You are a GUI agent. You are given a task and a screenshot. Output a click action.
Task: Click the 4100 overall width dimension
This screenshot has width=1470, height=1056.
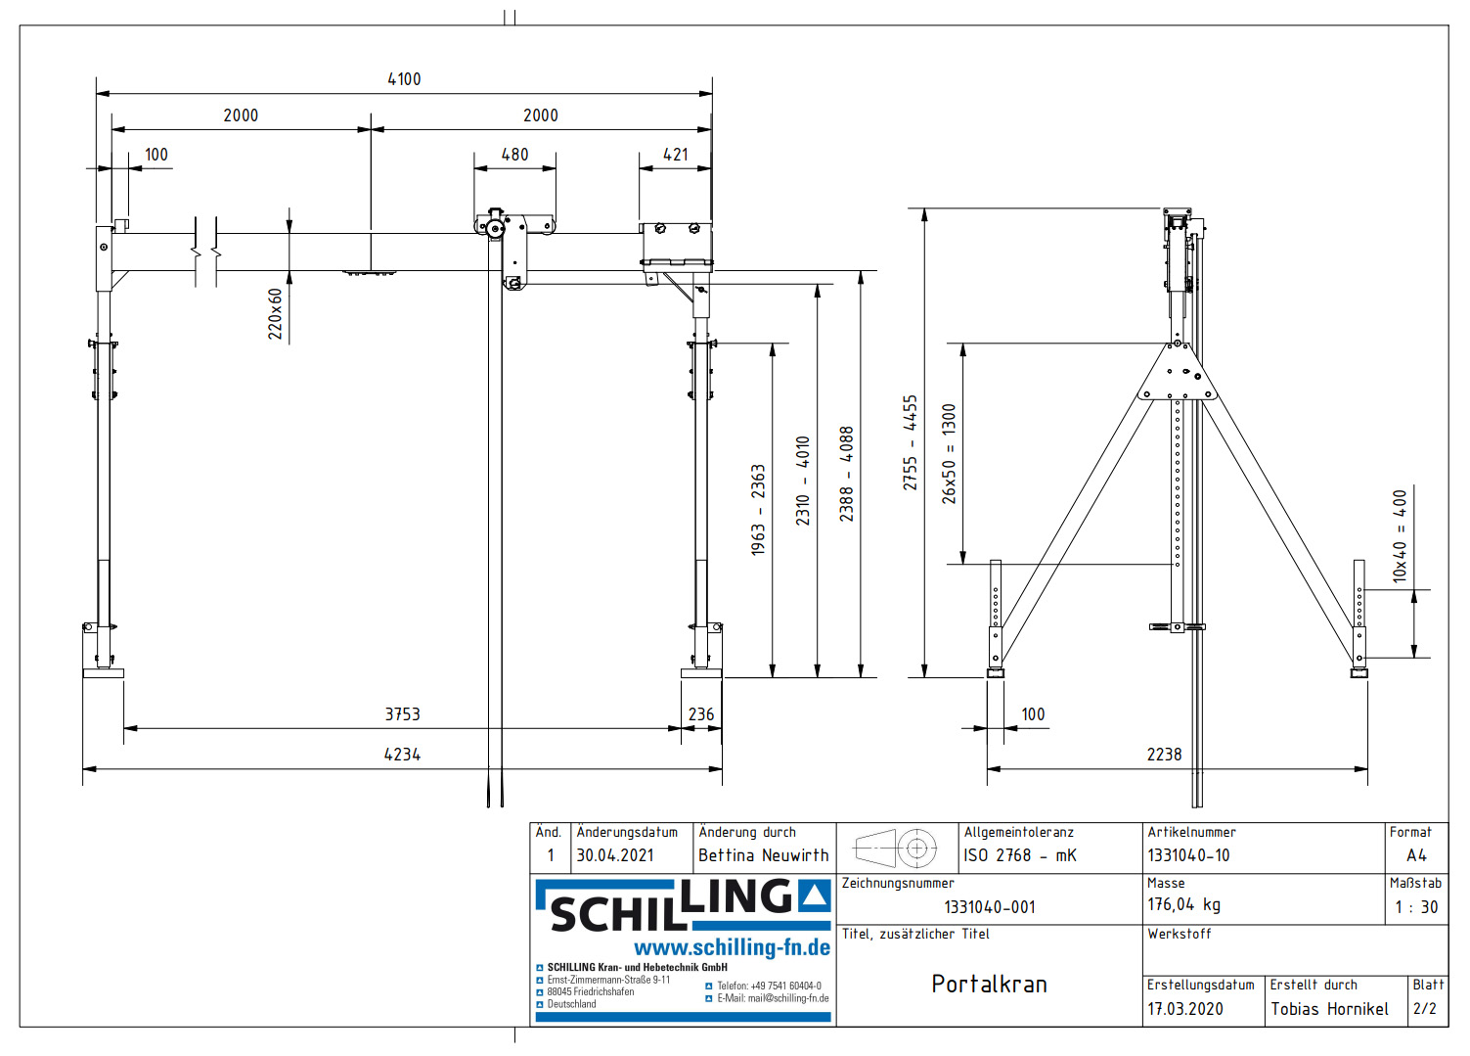coord(404,79)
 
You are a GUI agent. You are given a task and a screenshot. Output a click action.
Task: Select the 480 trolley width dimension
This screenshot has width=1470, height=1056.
coord(514,155)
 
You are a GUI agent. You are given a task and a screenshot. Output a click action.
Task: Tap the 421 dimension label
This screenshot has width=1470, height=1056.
coord(675,155)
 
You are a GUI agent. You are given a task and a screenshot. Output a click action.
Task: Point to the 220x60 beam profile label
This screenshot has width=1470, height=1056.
coord(276,313)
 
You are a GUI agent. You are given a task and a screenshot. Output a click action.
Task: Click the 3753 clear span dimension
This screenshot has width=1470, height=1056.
coord(402,714)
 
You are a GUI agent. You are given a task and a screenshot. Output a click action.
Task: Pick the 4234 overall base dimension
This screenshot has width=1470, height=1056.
coord(402,755)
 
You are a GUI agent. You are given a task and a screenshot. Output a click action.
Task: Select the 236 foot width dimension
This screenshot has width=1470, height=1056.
coord(701,714)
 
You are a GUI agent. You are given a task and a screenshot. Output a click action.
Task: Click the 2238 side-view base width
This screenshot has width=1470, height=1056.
coord(1164,755)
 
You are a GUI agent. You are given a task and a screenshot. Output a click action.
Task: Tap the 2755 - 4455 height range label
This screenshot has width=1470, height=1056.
coord(911,442)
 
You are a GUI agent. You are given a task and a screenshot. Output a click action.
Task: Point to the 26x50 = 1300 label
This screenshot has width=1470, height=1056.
coord(949,454)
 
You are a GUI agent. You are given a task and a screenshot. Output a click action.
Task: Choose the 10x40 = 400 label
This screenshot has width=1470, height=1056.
coord(1400,536)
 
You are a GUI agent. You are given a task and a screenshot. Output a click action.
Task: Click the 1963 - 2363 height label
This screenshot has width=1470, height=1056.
coord(758,510)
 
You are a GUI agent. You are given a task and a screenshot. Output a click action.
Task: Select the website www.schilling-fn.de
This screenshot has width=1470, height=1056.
coord(732,947)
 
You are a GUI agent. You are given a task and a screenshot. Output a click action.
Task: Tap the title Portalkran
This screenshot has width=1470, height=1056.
coord(989,985)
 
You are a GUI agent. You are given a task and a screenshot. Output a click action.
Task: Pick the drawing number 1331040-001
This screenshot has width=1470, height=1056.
coord(989,907)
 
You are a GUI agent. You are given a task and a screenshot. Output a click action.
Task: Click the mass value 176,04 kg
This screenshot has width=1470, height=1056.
coord(1183,905)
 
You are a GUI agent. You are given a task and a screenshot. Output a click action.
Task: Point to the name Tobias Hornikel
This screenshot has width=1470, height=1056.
coord(1329,1009)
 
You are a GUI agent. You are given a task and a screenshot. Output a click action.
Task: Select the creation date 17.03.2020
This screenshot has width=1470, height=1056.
coord(1184,1009)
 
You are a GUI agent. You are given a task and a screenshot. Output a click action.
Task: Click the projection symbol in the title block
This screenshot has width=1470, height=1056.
coord(896,849)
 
